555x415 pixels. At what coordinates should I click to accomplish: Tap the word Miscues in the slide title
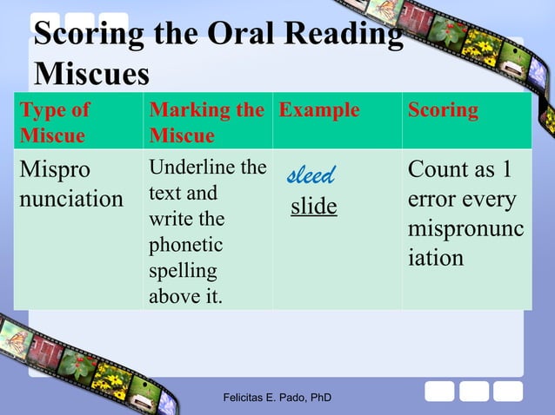91,75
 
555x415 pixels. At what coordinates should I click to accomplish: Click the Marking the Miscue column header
206,122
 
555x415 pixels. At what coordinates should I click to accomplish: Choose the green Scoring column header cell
443,110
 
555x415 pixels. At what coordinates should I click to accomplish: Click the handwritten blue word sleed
311,176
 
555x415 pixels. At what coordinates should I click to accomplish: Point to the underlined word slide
313,207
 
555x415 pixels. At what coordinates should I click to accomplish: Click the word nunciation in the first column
71,200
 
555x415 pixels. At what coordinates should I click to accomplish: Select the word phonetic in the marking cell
185,245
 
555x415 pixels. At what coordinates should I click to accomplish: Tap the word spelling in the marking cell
183,271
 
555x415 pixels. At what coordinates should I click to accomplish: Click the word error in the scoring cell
431,200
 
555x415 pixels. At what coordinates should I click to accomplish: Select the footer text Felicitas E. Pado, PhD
277,399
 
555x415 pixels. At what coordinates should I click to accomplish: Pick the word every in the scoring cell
488,200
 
